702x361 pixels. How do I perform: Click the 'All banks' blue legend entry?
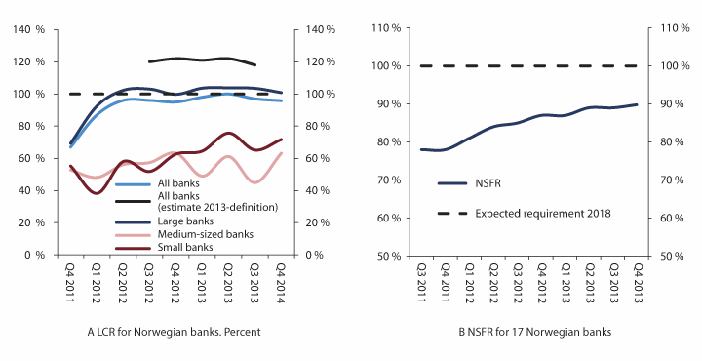point(177,183)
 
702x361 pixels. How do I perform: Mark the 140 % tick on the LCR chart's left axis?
point(29,29)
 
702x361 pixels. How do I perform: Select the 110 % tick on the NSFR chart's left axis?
point(389,28)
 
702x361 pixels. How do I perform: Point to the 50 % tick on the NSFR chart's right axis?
point(667,256)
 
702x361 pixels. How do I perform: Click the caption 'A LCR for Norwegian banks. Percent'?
point(175,332)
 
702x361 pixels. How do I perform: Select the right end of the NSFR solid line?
point(638,104)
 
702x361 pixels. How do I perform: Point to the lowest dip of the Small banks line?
point(96,192)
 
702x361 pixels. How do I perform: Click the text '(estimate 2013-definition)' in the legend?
point(213,207)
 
